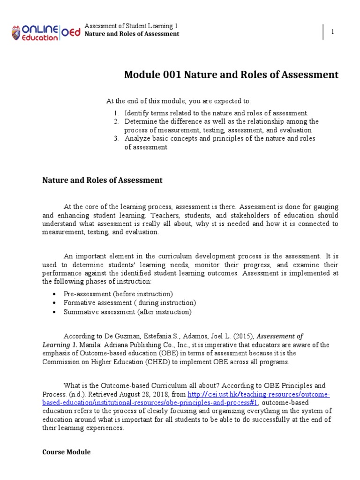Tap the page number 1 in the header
332,31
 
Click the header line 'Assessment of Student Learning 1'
131,25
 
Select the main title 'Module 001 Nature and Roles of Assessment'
231,75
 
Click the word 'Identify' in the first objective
135,113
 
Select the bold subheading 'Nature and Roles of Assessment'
102,180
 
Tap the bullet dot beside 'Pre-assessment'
55,294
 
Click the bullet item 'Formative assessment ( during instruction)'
129,303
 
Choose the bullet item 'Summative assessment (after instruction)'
127,312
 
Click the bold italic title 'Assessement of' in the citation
280,336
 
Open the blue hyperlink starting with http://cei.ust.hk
259,394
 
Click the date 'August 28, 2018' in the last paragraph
144,394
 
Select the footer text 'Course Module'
67,452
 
